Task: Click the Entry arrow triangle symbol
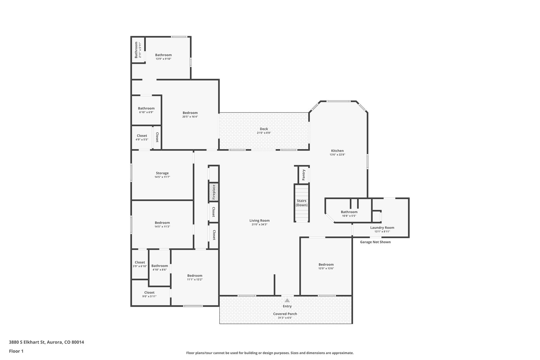pos(287,300)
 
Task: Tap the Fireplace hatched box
pos(214,192)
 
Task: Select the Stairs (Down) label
pos(302,203)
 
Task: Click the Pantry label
pos(303,175)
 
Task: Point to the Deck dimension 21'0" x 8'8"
pos(264,133)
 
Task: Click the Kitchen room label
pos(337,150)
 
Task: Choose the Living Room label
pos(260,220)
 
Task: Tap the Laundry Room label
pos(382,227)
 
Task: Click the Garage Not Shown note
pos(375,242)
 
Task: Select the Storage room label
pos(162,173)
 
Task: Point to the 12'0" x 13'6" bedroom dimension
pos(326,269)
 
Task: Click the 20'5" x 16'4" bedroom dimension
pos(190,117)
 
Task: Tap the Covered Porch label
pos(285,314)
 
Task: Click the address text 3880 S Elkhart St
pos(27,342)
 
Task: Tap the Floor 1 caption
pos(16,351)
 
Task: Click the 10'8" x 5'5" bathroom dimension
pos(349,216)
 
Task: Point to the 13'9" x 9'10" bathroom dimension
pos(163,59)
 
